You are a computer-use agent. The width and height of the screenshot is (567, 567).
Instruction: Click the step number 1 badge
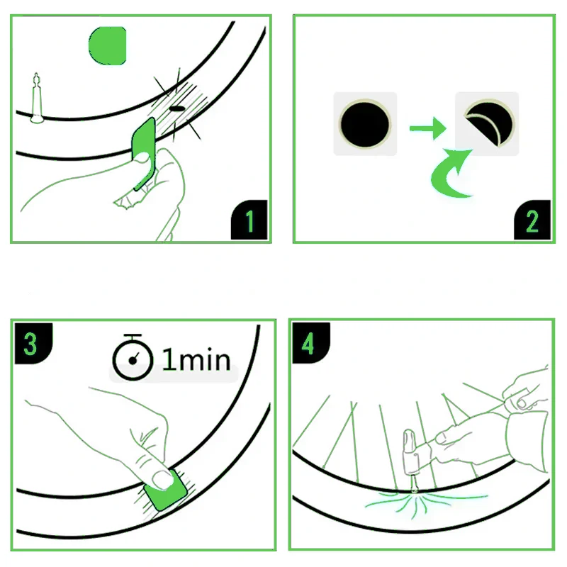pos(249,221)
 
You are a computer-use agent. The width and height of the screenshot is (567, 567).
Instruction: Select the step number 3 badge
pos(31,344)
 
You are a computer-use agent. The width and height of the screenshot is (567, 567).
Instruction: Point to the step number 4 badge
pos(308,344)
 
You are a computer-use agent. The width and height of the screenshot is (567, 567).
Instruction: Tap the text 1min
pos(196,360)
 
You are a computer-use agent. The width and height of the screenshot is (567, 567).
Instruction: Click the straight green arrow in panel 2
pos(427,128)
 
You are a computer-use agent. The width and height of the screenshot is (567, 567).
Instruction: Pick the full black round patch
pos(364,123)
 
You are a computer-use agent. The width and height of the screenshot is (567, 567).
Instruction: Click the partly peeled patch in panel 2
pos(486,123)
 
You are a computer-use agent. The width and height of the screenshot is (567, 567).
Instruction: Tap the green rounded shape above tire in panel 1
pos(108,44)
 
